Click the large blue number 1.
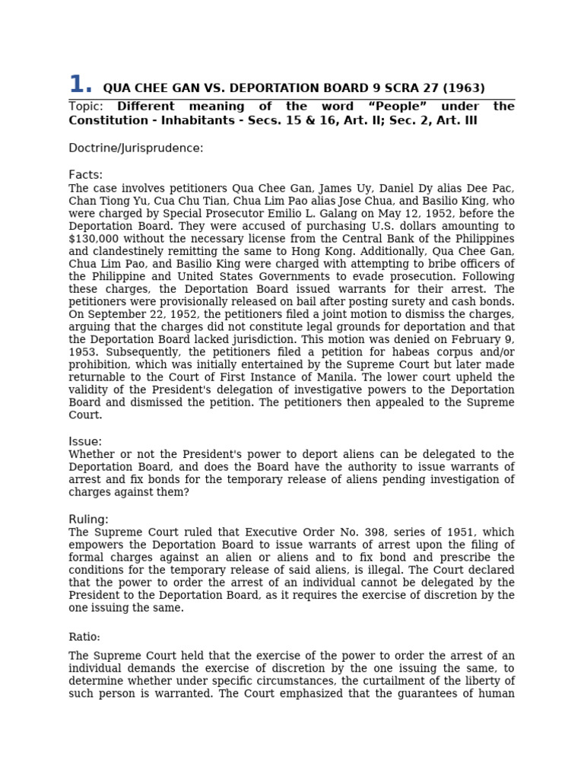(80, 85)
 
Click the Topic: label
(86, 107)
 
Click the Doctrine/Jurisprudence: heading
(135, 148)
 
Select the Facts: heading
(85, 175)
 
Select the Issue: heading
(84, 442)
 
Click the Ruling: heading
(88, 520)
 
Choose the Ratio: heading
(84, 638)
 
